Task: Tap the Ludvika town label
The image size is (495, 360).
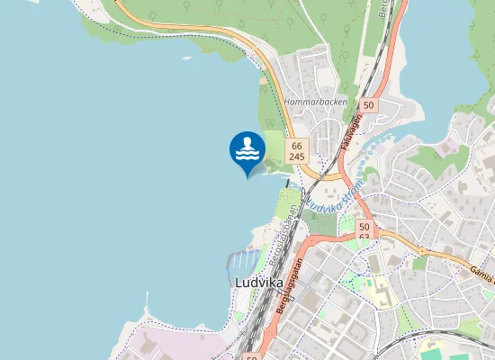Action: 258,282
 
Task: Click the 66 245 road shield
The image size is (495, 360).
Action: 297,150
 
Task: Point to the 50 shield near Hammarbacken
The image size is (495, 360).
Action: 370,105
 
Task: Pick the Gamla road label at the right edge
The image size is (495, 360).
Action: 481,271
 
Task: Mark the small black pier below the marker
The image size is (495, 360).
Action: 287,183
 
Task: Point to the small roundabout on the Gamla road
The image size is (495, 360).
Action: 419,248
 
